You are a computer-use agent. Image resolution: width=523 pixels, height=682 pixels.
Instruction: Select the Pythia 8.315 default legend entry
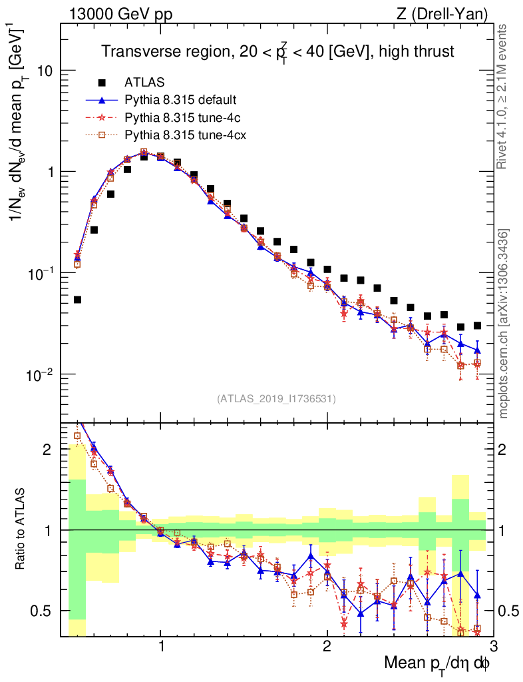[180, 101]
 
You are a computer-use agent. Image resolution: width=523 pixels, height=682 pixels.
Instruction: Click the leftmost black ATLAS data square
[77, 300]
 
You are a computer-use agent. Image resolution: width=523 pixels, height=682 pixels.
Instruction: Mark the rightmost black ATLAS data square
[477, 326]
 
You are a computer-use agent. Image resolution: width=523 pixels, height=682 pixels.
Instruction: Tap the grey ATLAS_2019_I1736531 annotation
[276, 399]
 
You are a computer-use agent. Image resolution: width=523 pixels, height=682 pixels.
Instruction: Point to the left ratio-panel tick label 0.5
[46, 611]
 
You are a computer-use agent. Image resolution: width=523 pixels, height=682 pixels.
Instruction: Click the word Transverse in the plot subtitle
[132, 52]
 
